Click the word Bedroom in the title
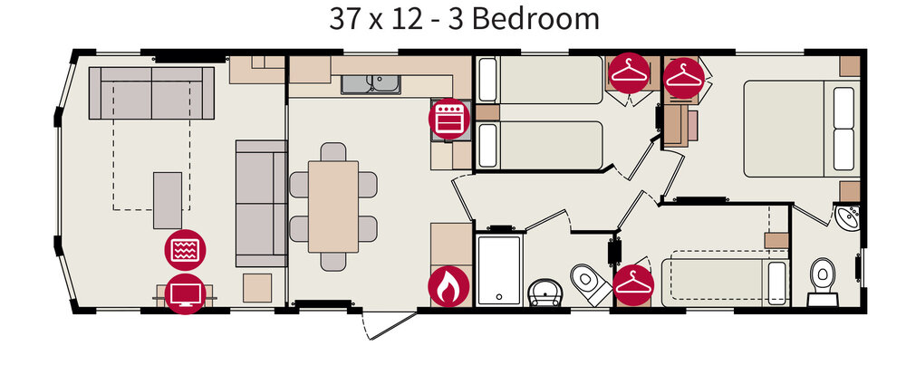[535, 19]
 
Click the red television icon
[185, 294]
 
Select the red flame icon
[448, 286]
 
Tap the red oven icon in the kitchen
[448, 119]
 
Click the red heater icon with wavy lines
[185, 250]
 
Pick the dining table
[333, 207]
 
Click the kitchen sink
[371, 84]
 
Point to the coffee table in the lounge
[168, 200]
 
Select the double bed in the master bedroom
[801, 129]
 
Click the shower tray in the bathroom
[499, 270]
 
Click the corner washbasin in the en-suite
[848, 217]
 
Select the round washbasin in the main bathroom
[545, 293]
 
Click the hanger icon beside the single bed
[633, 284]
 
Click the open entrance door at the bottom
[390, 324]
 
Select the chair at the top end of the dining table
[333, 152]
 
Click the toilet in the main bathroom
[591, 284]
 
